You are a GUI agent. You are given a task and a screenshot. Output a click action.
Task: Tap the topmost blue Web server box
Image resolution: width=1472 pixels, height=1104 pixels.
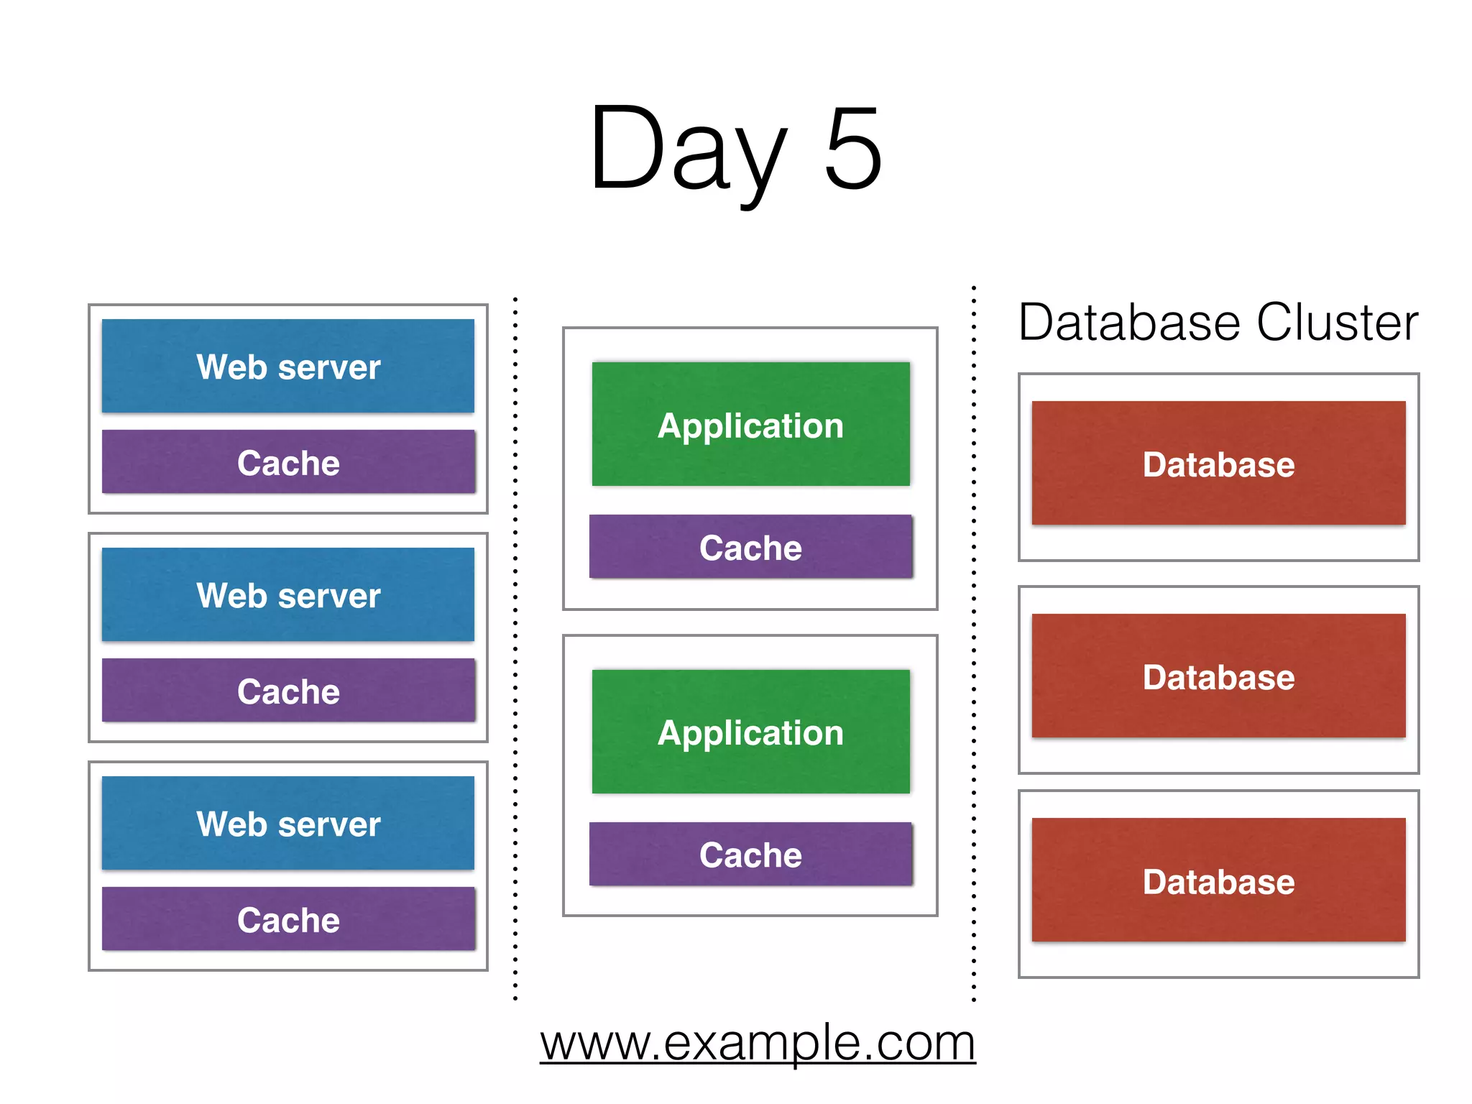(x=287, y=366)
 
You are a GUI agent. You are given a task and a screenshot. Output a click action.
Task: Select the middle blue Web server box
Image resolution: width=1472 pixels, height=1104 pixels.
(x=287, y=594)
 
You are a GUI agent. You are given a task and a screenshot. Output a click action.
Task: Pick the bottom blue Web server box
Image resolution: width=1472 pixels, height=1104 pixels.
(x=287, y=823)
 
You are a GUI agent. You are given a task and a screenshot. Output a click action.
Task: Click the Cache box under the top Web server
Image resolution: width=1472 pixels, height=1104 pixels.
(x=287, y=462)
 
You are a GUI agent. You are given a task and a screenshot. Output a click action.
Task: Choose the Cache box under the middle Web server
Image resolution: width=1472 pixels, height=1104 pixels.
(x=287, y=691)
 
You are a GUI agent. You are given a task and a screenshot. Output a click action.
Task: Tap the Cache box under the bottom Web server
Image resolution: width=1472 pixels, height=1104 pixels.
(x=287, y=919)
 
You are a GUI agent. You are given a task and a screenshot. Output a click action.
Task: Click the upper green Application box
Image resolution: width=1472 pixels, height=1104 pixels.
(x=750, y=424)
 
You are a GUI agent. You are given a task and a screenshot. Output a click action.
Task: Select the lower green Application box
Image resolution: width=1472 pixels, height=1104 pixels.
(x=750, y=732)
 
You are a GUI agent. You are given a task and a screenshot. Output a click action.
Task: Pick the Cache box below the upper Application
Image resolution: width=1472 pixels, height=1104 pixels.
(x=750, y=547)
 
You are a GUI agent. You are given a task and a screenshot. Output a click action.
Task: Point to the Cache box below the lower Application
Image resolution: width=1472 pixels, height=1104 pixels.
(x=750, y=855)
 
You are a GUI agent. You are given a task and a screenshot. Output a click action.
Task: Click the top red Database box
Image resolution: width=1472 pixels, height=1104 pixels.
(x=1218, y=464)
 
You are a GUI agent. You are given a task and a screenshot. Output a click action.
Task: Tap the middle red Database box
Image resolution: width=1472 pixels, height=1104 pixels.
(x=1218, y=676)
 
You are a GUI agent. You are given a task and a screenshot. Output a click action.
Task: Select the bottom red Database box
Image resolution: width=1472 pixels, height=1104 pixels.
(x=1218, y=880)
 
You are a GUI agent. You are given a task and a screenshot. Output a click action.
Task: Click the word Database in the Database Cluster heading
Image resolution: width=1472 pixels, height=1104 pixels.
(x=1130, y=322)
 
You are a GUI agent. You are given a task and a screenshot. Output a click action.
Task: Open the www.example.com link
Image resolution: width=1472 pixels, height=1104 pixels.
(x=758, y=1043)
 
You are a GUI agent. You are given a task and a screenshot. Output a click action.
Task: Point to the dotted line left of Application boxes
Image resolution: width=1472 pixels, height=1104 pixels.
(x=515, y=647)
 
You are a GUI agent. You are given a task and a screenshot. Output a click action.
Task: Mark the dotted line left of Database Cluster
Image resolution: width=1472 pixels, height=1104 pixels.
(x=974, y=647)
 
